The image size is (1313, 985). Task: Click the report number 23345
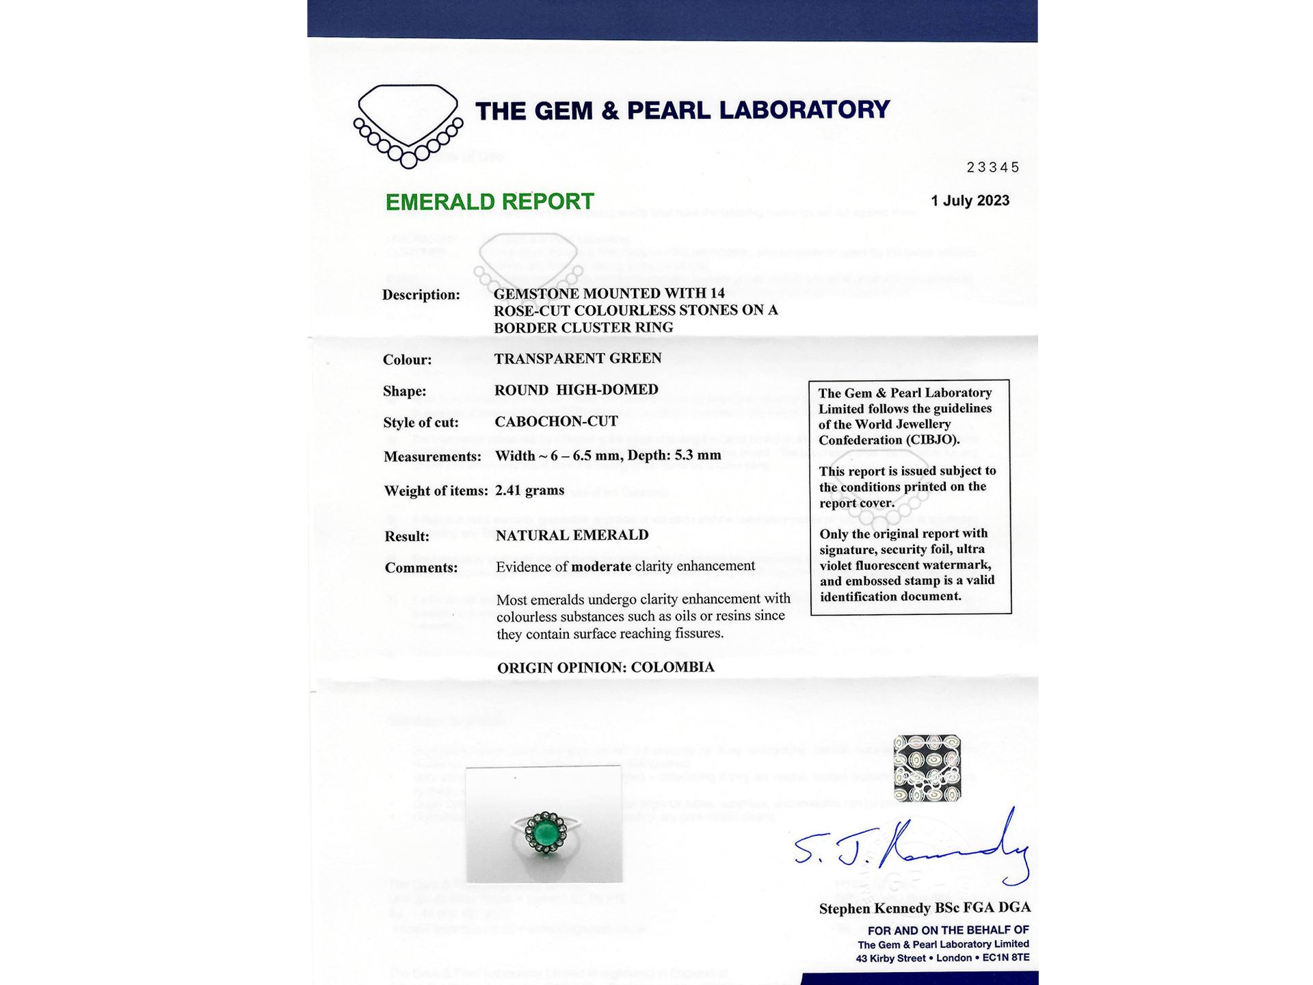pyautogui.click(x=993, y=168)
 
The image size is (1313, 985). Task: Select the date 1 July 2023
pyautogui.click(x=970, y=201)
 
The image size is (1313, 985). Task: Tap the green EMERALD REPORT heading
pyautogui.click(x=490, y=202)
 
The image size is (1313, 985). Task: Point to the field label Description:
pyautogui.click(x=421, y=295)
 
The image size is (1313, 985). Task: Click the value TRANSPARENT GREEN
pyautogui.click(x=578, y=358)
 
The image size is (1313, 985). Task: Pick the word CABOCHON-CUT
pyautogui.click(x=556, y=421)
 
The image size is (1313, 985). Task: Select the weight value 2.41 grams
pyautogui.click(x=530, y=490)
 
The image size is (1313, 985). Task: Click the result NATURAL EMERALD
pyautogui.click(x=572, y=536)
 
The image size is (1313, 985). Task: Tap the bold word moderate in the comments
pyautogui.click(x=601, y=566)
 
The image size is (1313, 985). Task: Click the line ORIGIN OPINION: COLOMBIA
pyautogui.click(x=605, y=668)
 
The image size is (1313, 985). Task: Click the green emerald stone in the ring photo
pyautogui.click(x=545, y=833)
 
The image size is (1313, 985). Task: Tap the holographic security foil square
pyautogui.click(x=927, y=768)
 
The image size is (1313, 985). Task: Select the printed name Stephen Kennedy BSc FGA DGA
pyautogui.click(x=925, y=908)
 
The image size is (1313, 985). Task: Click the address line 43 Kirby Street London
pyautogui.click(x=942, y=958)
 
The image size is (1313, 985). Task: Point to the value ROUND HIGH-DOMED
pyautogui.click(x=576, y=390)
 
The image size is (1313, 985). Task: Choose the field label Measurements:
pyautogui.click(x=432, y=457)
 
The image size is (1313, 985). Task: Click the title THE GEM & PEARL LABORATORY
pyautogui.click(x=682, y=111)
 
